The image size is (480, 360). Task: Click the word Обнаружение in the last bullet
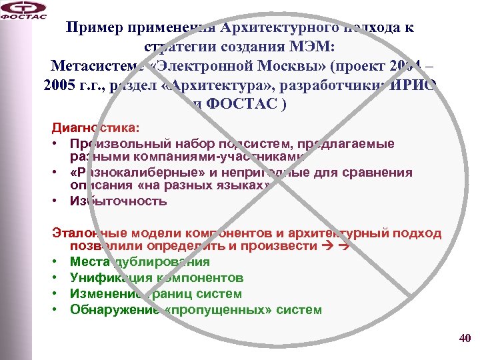pyautogui.click(x=107, y=309)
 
